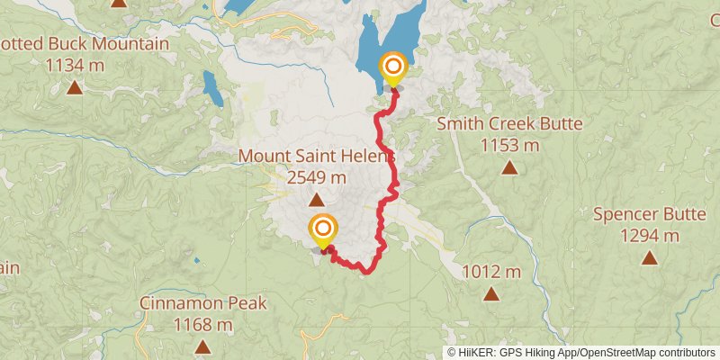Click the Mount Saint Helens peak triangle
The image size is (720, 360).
click(x=317, y=200)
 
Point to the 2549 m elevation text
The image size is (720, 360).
click(x=317, y=176)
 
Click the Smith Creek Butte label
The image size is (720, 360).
click(x=509, y=124)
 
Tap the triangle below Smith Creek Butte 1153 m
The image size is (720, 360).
click(x=509, y=167)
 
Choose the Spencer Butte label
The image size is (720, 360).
click(x=649, y=214)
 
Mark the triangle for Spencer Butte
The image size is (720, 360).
click(x=649, y=258)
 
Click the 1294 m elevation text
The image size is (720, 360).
click(x=649, y=236)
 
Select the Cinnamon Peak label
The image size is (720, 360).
click(x=203, y=303)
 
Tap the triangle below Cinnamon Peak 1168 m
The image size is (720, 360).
click(x=203, y=346)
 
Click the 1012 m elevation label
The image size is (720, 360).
click(x=491, y=271)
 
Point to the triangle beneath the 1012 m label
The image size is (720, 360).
click(x=491, y=293)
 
